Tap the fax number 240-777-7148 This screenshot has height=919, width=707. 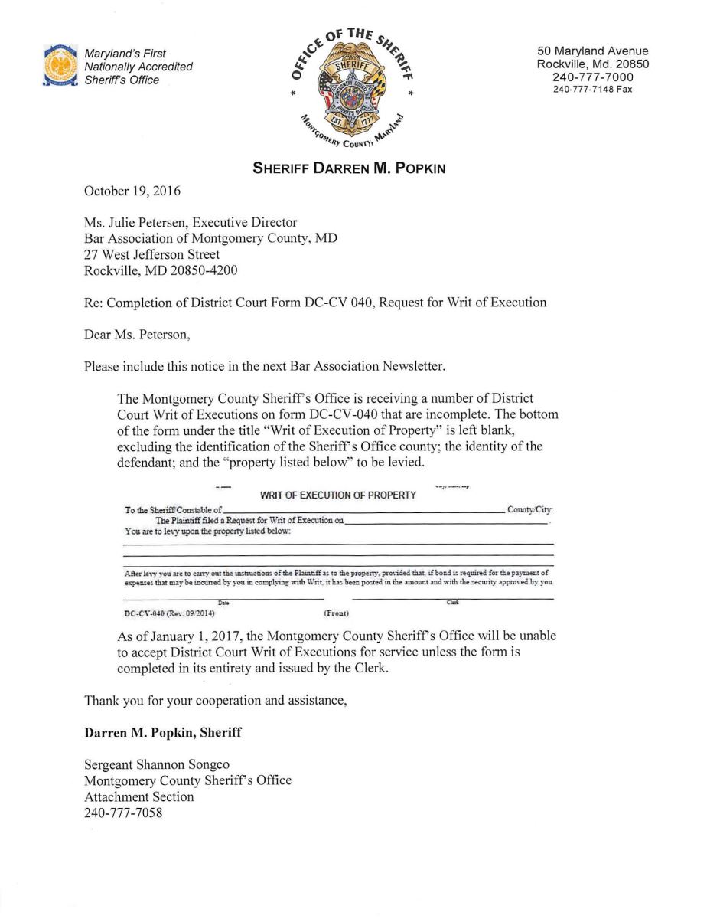click(593, 90)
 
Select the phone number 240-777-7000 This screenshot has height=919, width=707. click(593, 77)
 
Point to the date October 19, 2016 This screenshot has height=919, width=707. click(128, 191)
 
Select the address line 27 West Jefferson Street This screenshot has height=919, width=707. click(151, 254)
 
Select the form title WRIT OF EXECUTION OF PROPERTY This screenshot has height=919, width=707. click(338, 495)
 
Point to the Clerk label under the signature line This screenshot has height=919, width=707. click(452, 603)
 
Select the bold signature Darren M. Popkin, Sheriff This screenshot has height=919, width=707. click(162, 732)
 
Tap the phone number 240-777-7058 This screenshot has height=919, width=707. click(122, 813)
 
